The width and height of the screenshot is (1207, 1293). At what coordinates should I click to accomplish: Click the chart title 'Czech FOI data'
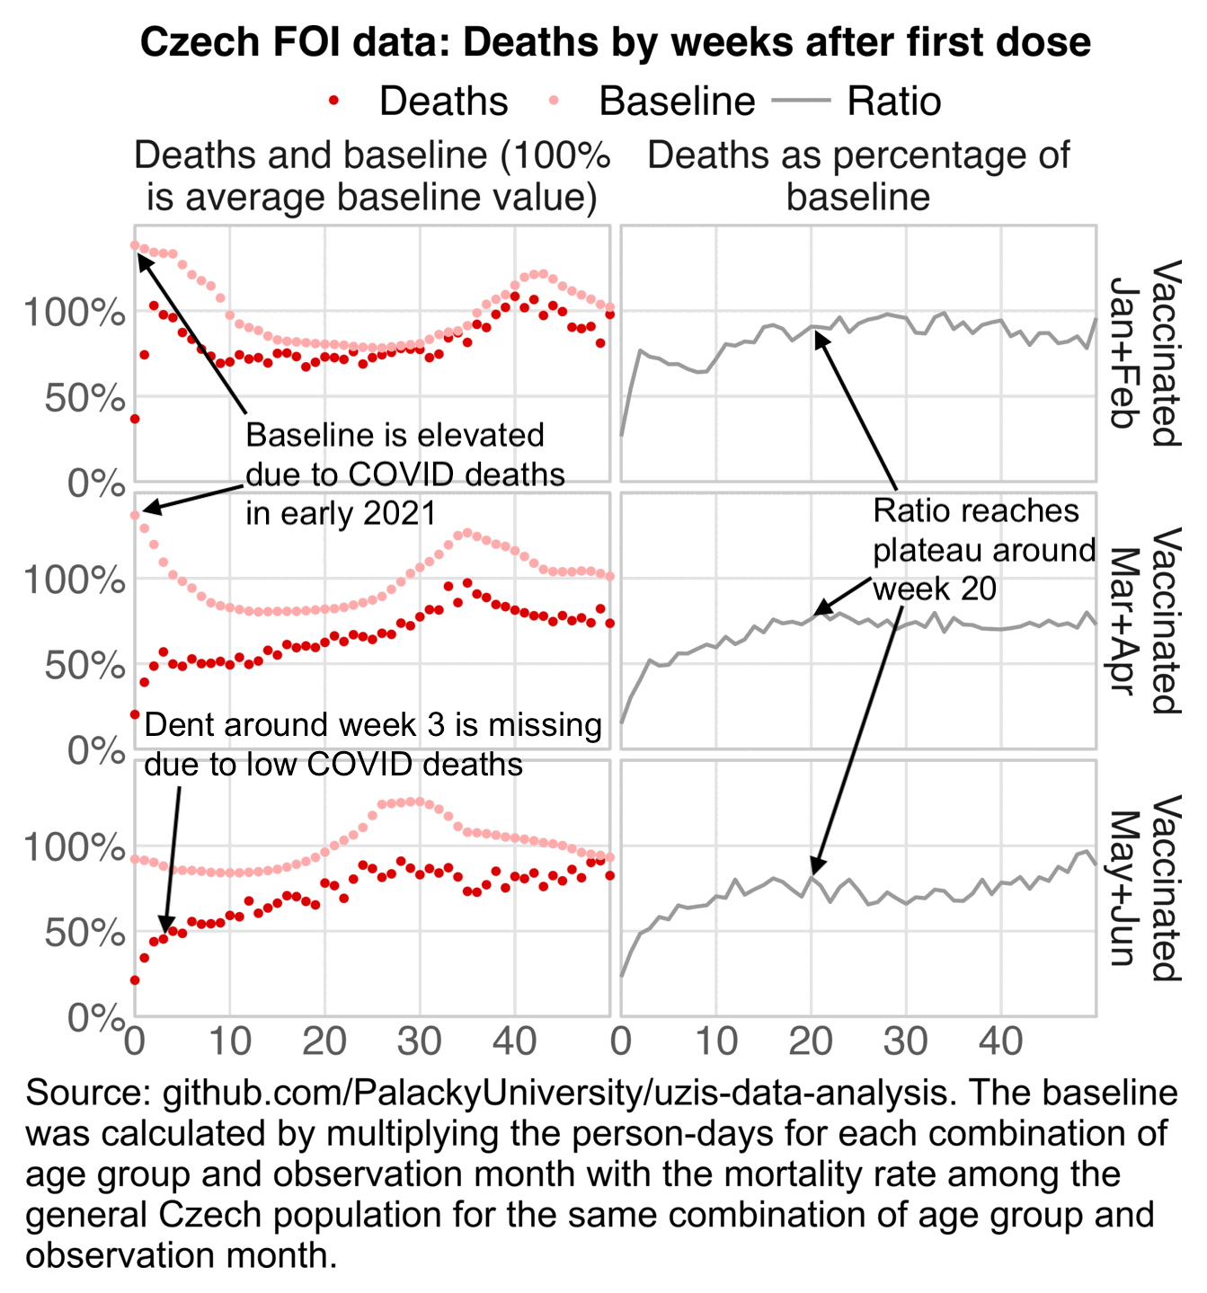(616, 42)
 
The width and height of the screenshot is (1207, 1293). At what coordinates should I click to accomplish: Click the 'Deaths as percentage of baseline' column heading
(858, 175)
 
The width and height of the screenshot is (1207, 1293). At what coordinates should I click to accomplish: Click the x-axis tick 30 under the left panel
(420, 1042)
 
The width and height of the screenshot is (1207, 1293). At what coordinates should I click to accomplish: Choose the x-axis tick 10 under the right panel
(715, 1042)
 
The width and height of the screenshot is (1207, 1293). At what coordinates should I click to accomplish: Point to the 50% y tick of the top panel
(84, 398)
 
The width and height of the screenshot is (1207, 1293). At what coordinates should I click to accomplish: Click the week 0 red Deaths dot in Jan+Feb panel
(135, 419)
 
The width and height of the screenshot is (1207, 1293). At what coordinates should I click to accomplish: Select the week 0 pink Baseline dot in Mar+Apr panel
(135, 516)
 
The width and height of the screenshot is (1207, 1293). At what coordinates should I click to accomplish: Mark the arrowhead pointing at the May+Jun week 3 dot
(165, 928)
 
